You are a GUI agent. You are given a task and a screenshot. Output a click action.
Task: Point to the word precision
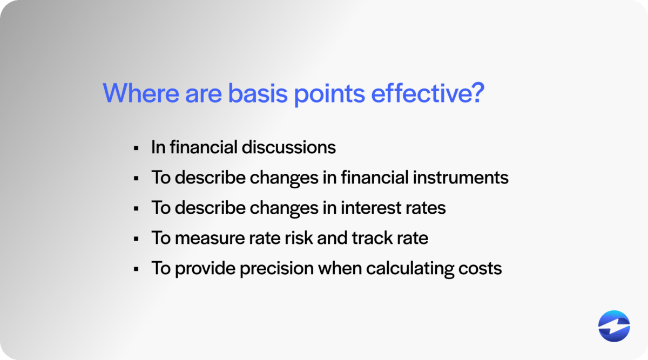[x=268, y=268]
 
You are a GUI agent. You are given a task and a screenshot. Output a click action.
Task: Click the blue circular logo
[x=614, y=327]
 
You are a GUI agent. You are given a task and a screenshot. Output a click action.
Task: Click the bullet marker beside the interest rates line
[x=136, y=208]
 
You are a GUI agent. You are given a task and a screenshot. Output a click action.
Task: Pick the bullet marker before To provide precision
[x=136, y=269]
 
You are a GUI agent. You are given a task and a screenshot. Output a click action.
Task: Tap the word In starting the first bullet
[x=158, y=148]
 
